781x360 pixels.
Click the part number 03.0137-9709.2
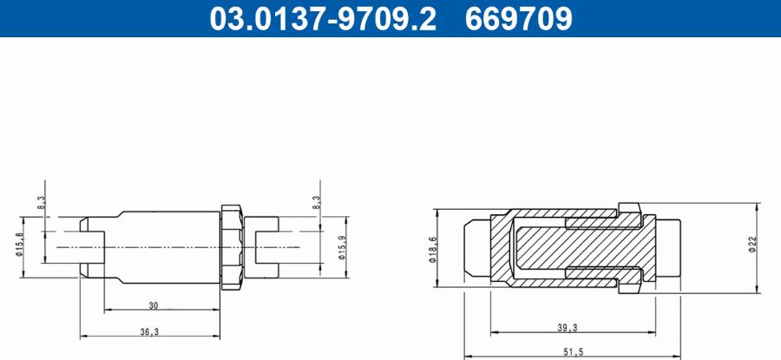click(x=323, y=19)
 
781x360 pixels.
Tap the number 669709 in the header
click(x=519, y=19)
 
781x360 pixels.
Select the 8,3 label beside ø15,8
click(x=42, y=203)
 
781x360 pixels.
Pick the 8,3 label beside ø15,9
click(x=316, y=203)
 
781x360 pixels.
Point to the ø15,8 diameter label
click(x=19, y=244)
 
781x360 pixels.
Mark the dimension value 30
click(x=154, y=305)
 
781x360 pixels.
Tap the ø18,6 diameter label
click(x=432, y=250)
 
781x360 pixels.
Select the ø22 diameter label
click(x=752, y=244)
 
